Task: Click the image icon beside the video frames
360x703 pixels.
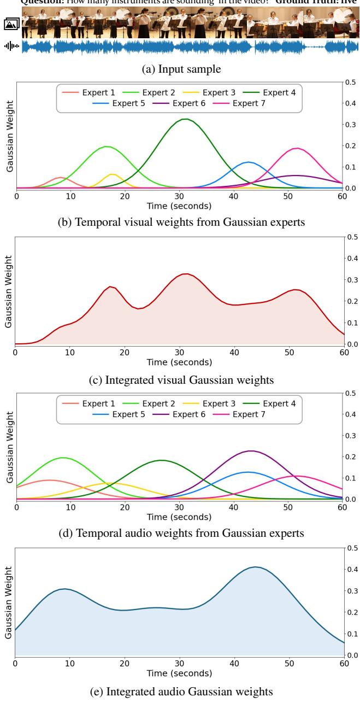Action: (11, 24)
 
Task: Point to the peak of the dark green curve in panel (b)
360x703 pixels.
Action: (186, 119)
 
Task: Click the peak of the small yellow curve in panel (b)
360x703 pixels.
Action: (113, 174)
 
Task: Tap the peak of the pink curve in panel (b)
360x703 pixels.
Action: (297, 148)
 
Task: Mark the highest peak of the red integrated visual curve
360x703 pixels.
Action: (186, 274)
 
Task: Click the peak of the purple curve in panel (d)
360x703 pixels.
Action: (250, 451)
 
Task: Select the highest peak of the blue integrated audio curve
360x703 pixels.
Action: (255, 567)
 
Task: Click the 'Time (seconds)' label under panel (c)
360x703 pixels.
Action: (180, 362)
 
